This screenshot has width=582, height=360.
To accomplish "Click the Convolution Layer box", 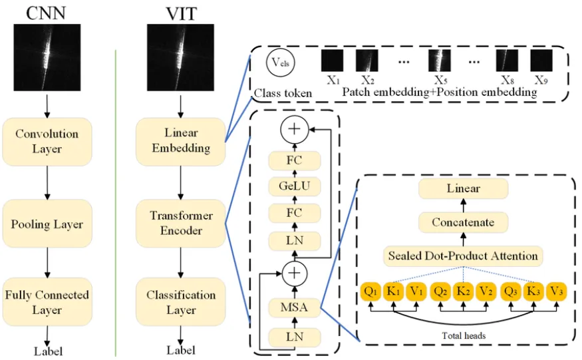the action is pyautogui.click(x=47, y=142).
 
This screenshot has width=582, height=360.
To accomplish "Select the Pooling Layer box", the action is pyautogui.click(x=47, y=224).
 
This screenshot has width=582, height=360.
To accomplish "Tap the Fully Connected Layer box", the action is pyautogui.click(x=47, y=302).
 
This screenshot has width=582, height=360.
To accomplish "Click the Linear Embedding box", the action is pyautogui.click(x=181, y=142).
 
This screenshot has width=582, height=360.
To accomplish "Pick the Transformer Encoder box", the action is pyautogui.click(x=181, y=224).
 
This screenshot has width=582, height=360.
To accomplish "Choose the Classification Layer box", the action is pyautogui.click(x=181, y=302).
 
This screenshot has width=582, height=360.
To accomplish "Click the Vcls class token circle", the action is pyautogui.click(x=280, y=63).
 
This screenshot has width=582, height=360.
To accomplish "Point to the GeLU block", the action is pyautogui.click(x=295, y=186).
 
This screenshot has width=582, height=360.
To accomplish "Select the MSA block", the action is pyautogui.click(x=295, y=307).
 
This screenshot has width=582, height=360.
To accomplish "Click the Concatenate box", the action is pyautogui.click(x=463, y=222).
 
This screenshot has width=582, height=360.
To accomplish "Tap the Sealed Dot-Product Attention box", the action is pyautogui.click(x=463, y=256).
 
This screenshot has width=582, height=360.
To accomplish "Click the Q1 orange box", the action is pyautogui.click(x=370, y=291).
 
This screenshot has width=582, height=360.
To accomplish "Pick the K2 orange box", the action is pyautogui.click(x=463, y=291).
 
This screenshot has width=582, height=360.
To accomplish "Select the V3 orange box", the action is pyautogui.click(x=556, y=291).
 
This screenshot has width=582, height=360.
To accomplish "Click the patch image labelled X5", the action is pyautogui.click(x=440, y=61).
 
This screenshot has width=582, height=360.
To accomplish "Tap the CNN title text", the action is pyautogui.click(x=46, y=13).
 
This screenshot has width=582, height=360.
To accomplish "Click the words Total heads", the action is pyautogui.click(x=464, y=336).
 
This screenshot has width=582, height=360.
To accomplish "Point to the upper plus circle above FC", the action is pyautogui.click(x=295, y=129).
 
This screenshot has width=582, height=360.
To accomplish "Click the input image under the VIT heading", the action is pyautogui.click(x=180, y=58).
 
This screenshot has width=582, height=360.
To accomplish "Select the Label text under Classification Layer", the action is pyautogui.click(x=181, y=350).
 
